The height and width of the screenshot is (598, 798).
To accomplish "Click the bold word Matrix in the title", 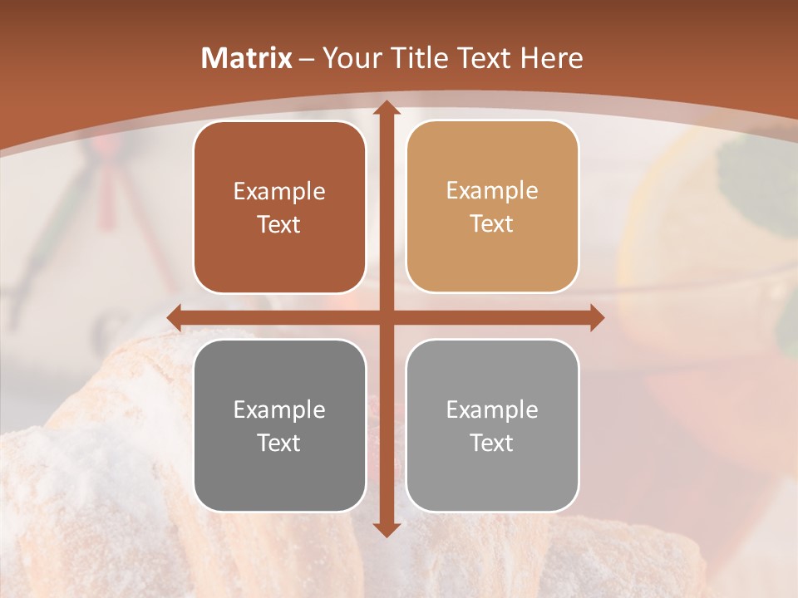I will [247, 58].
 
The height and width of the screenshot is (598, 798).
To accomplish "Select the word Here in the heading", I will [551, 58].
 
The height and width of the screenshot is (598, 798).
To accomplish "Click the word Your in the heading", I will [349, 58].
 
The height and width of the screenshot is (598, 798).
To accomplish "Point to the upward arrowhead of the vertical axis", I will [386, 109].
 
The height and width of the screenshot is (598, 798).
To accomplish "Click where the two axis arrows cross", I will [386, 317].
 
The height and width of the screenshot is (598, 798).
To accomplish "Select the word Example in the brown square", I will [279, 192].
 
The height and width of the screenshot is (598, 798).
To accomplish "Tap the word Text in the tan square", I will [492, 224].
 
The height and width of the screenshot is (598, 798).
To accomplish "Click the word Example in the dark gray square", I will [279, 409].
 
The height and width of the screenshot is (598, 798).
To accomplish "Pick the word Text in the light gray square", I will [492, 443].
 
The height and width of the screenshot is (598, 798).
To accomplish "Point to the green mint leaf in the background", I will [756, 179].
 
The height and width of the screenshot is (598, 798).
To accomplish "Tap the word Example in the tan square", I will [492, 191].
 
